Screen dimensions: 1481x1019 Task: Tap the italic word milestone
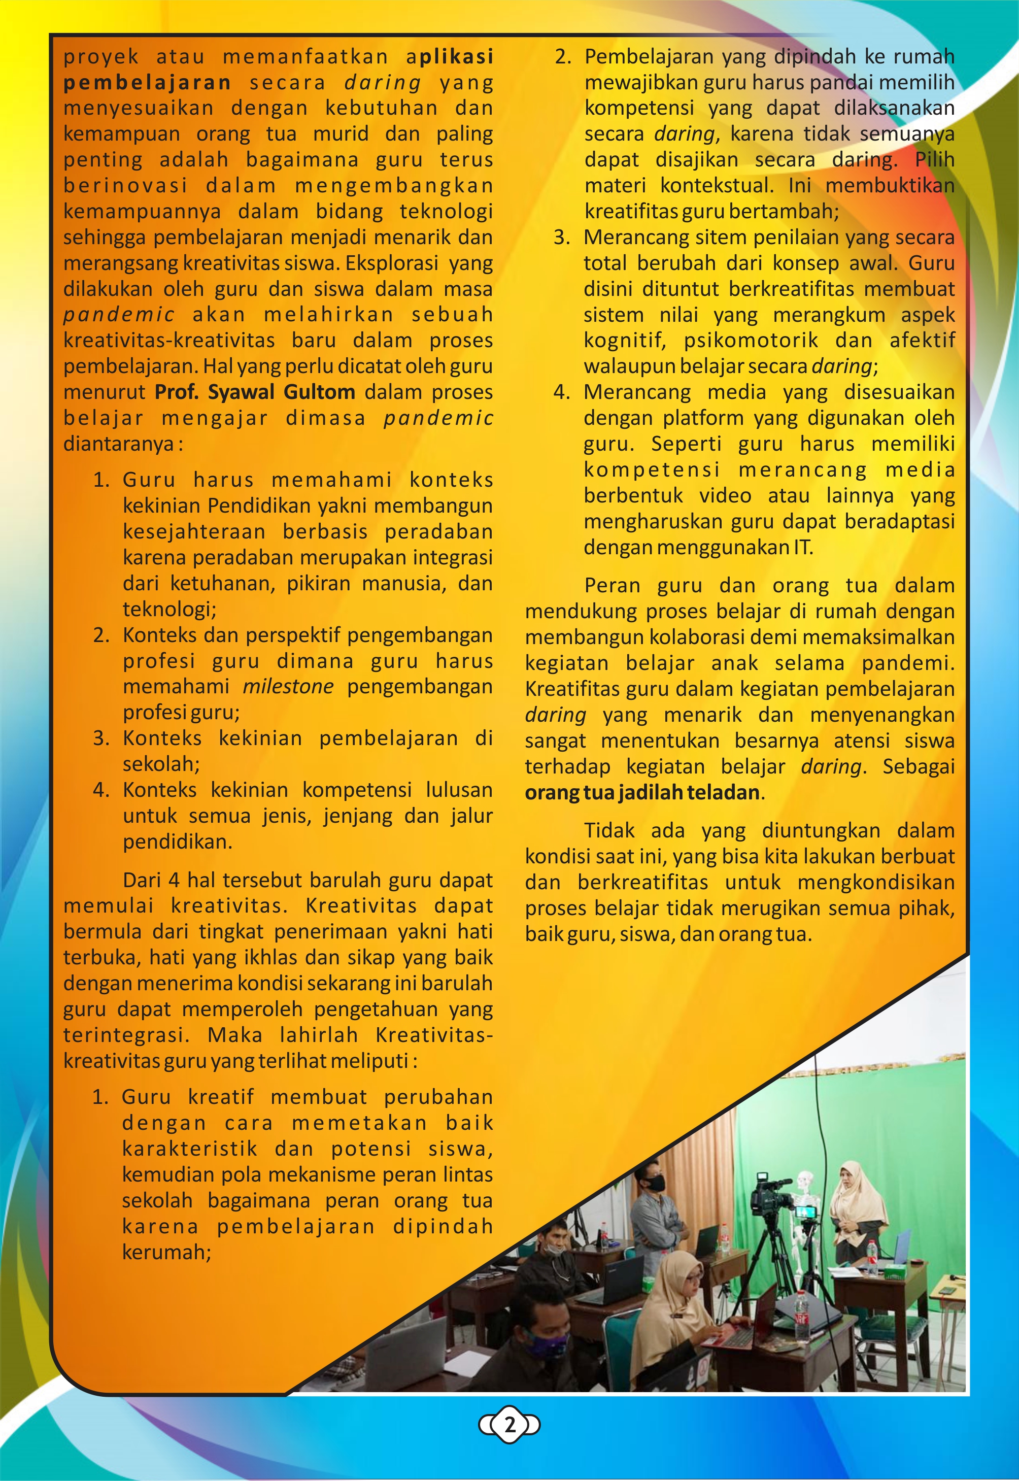288,687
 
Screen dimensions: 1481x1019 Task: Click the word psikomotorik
750,340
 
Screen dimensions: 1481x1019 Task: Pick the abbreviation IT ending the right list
802,548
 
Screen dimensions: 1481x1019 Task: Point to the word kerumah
166,1253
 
